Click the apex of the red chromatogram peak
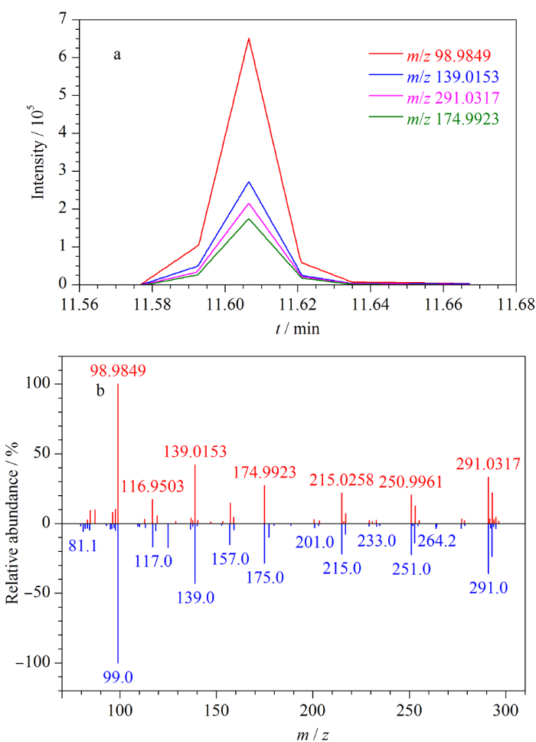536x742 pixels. [249, 38]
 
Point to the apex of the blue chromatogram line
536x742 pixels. [249, 182]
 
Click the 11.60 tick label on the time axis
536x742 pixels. [249, 304]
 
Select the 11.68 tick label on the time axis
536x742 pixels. [506, 304]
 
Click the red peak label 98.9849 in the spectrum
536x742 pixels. [118, 371]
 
